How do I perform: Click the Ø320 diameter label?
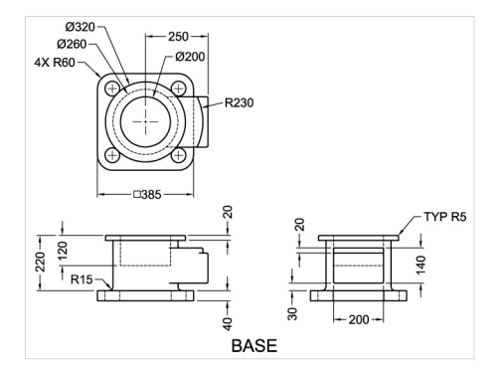pos(81,27)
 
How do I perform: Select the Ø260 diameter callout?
pos(72,44)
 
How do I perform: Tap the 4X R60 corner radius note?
pos(55,62)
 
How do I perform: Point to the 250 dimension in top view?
pos(178,37)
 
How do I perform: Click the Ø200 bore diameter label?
pos(190,57)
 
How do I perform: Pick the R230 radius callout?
pos(239,102)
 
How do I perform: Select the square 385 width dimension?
pos(147,194)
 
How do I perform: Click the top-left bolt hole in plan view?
pos(112,89)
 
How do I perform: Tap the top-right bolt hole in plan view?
pos(179,89)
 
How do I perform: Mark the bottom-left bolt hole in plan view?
pos(112,155)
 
